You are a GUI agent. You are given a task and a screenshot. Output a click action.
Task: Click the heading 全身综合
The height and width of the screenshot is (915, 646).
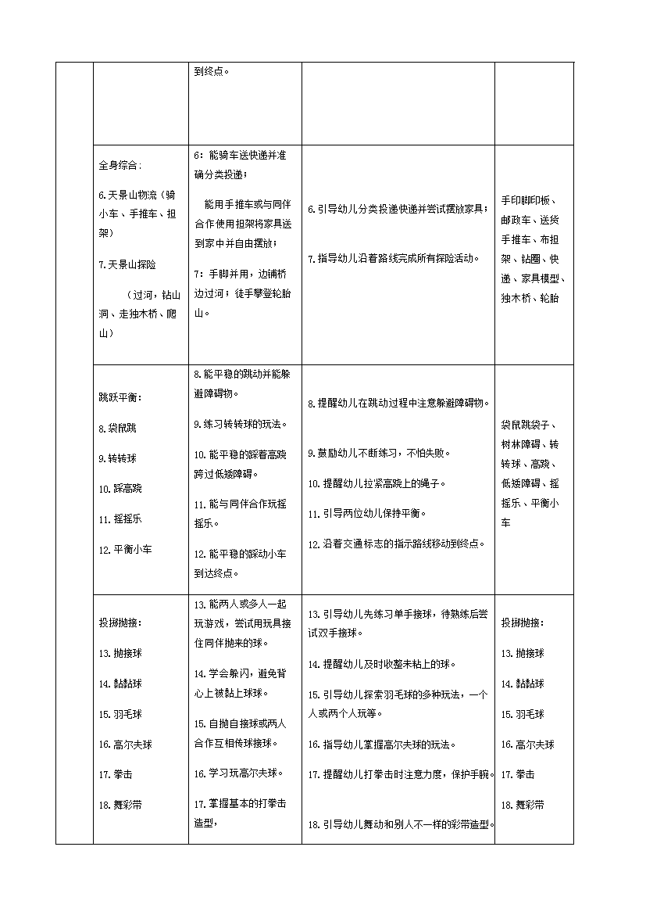click(120, 166)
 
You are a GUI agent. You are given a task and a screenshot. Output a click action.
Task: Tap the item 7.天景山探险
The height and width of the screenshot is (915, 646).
click(127, 264)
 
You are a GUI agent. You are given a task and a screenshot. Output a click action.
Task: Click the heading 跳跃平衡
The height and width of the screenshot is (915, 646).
click(120, 397)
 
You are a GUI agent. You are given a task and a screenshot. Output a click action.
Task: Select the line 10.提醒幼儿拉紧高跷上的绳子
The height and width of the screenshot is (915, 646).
click(377, 483)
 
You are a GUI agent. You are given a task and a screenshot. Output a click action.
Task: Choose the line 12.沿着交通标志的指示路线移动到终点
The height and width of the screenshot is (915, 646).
click(397, 544)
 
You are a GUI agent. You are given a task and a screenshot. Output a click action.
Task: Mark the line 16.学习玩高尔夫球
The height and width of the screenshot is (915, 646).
click(238, 773)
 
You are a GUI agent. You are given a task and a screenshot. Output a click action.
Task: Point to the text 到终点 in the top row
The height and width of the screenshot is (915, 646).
click(212, 71)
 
